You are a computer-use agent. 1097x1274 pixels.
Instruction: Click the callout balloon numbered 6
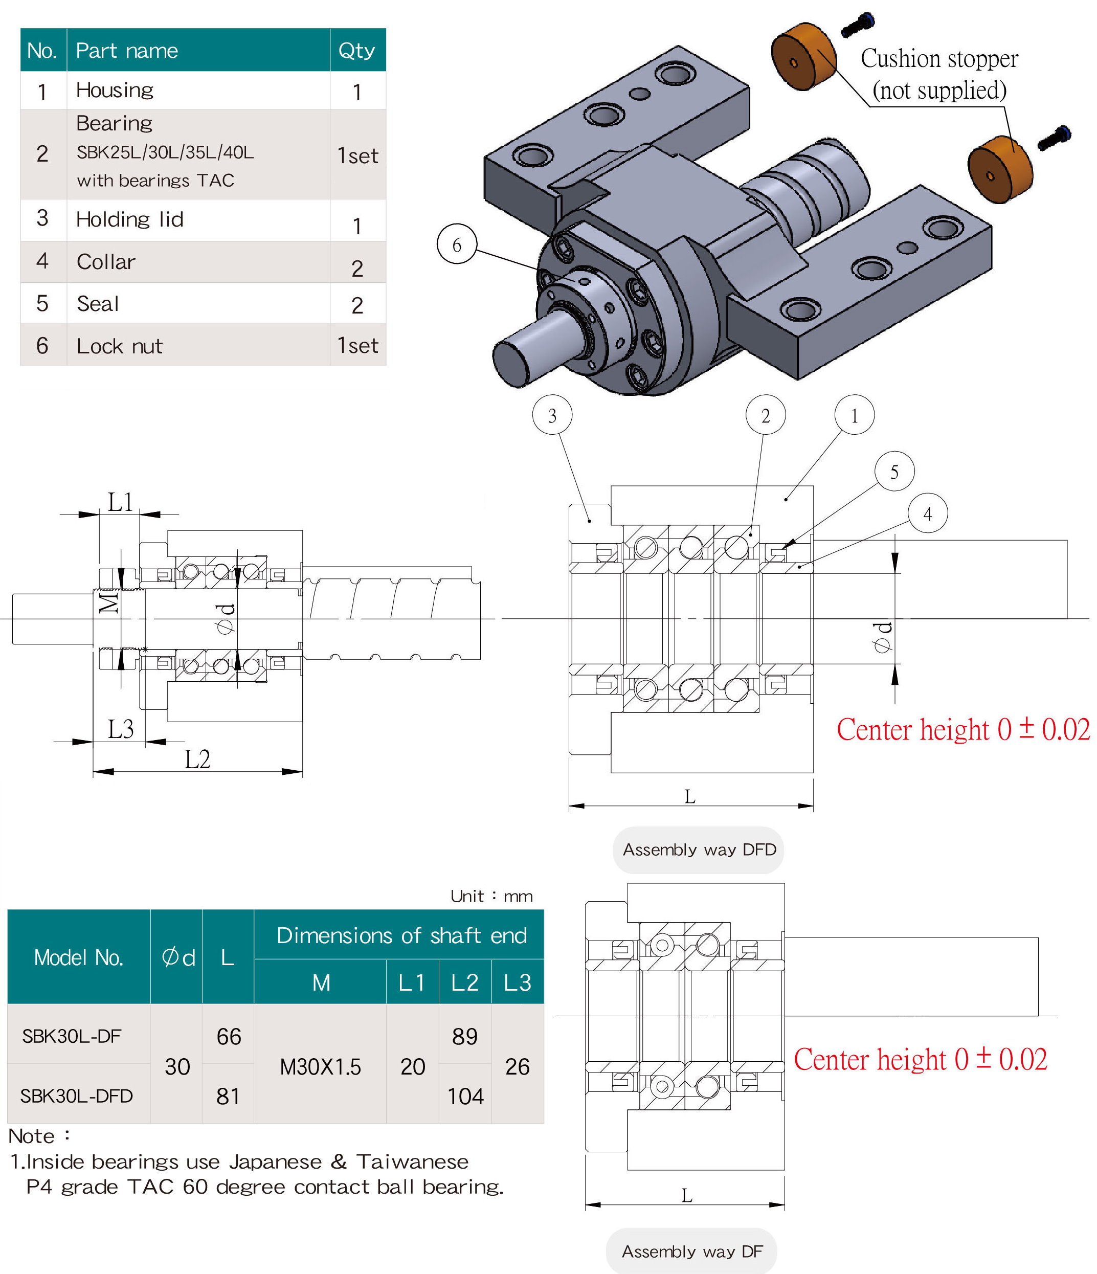(x=456, y=244)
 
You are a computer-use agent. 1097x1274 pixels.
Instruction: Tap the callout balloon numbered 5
(x=894, y=472)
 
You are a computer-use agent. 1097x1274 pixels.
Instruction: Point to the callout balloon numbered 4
(x=927, y=513)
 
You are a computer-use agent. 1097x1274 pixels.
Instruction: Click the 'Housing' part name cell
(x=115, y=91)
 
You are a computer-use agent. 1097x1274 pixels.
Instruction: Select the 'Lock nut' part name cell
(x=119, y=346)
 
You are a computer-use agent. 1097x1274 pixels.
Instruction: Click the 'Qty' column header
(x=356, y=50)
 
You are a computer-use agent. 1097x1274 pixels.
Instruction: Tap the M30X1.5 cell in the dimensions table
(x=320, y=1066)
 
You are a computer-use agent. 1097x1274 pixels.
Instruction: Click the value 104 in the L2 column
(x=465, y=1096)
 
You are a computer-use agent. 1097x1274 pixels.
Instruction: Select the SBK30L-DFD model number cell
(x=76, y=1096)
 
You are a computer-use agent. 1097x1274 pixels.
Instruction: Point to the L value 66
(x=228, y=1037)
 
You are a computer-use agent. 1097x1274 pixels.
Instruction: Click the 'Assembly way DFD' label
(x=699, y=850)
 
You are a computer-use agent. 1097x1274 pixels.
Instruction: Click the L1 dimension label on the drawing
(x=121, y=502)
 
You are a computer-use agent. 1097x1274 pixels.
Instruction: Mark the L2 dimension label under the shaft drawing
(x=197, y=759)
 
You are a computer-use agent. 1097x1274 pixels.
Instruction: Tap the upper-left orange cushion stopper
(x=803, y=57)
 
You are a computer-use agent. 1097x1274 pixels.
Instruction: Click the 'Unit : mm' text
(x=491, y=896)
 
